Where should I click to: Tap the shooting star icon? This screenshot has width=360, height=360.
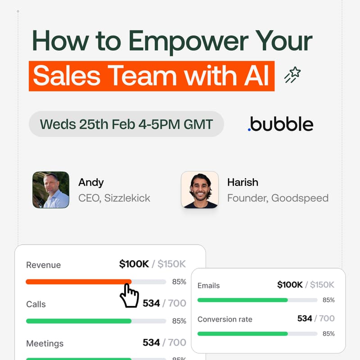point(292,75)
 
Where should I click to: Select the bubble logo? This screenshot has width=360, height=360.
point(280,124)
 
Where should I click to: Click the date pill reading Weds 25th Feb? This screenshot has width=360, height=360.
point(126,124)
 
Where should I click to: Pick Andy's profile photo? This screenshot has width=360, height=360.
point(51,190)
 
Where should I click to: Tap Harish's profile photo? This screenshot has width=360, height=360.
point(200,190)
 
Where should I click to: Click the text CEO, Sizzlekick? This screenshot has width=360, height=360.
point(114,198)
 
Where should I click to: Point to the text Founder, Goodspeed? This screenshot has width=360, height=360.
point(278,198)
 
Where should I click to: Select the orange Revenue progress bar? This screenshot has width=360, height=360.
point(78,282)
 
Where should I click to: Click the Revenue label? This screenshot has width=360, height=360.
point(43,265)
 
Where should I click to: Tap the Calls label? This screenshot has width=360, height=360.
point(36,304)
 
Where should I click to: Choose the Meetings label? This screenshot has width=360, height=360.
point(45,343)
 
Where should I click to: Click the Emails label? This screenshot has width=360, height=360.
point(209,286)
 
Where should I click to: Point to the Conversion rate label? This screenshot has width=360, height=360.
point(225,319)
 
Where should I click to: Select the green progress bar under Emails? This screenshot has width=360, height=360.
point(243,300)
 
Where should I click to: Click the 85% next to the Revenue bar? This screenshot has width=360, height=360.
point(179,282)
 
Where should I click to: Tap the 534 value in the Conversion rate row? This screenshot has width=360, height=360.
point(305,319)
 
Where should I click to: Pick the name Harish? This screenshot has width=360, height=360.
point(243,182)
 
